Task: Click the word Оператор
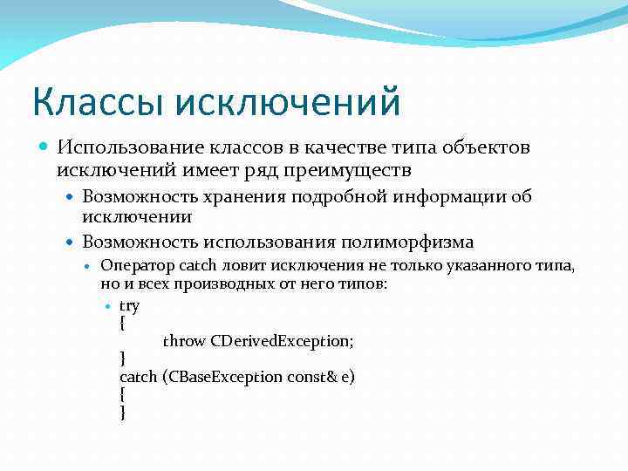[x=137, y=266]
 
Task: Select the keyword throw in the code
[x=184, y=341]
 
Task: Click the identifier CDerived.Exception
[x=283, y=341]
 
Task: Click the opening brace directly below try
[x=121, y=323]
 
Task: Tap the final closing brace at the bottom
[x=122, y=413]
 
